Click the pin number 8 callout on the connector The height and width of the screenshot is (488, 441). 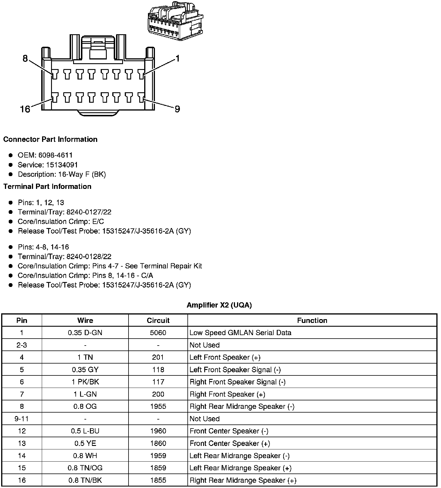[25, 59]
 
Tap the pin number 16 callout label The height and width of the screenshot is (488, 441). [25, 109]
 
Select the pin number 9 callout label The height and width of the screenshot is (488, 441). [177, 109]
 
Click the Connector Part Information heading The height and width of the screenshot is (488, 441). [50, 139]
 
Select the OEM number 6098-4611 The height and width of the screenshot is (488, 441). [55, 155]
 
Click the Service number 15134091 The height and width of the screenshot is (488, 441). [62, 165]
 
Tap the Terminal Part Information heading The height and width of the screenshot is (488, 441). [47, 186]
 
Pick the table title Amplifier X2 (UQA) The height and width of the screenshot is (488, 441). [219, 305]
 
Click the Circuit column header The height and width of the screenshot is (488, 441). [158, 320]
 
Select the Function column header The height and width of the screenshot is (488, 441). [312, 320]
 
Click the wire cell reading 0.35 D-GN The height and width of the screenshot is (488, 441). [85, 332]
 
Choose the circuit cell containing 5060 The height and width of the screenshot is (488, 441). [158, 332]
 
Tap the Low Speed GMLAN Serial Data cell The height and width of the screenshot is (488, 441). [240, 332]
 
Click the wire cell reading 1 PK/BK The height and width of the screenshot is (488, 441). [85, 382]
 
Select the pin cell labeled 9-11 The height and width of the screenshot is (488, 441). [22, 419]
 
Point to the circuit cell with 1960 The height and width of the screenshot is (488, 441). [158, 431]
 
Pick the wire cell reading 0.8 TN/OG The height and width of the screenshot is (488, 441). [85, 468]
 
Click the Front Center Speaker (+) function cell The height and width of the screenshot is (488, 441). [230, 443]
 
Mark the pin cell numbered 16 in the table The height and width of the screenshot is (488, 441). [22, 480]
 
